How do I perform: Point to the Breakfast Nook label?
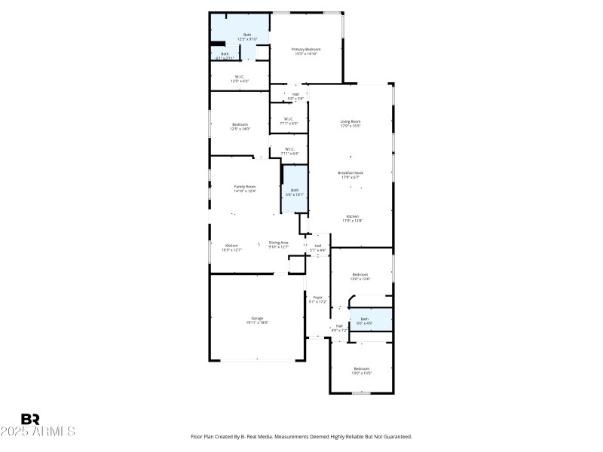(350, 175)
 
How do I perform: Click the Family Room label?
(245, 188)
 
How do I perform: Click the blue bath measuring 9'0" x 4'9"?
(365, 321)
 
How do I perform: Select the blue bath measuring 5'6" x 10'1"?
(295, 192)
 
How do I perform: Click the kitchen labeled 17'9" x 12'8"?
(353, 218)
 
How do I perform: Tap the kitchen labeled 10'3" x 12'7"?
(232, 247)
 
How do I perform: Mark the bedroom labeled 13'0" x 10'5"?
(362, 370)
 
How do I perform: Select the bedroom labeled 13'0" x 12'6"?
(360, 276)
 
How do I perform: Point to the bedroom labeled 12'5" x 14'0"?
(240, 127)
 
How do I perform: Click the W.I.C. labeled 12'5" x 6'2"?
(239, 78)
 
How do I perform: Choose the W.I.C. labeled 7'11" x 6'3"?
(289, 121)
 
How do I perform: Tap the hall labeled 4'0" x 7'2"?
(339, 328)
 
